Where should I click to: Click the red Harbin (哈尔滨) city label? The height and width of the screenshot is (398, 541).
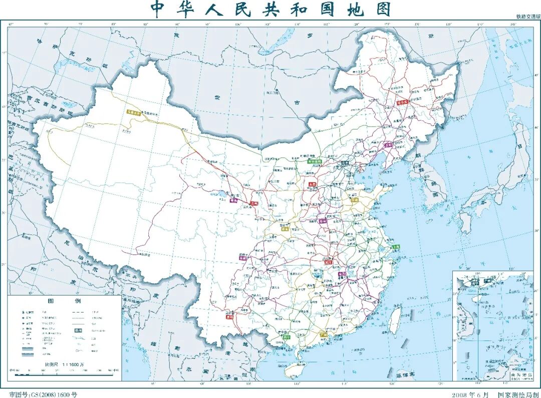tap(403, 101)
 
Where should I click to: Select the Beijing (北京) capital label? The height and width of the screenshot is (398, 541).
tap(345, 163)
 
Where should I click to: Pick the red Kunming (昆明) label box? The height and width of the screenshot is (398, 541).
tap(229, 316)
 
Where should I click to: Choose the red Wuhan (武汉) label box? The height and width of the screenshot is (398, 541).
tap(329, 261)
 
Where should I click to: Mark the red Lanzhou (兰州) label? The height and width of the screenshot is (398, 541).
tap(254, 203)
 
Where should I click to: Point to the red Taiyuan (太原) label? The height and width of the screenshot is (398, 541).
tap(313, 184)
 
